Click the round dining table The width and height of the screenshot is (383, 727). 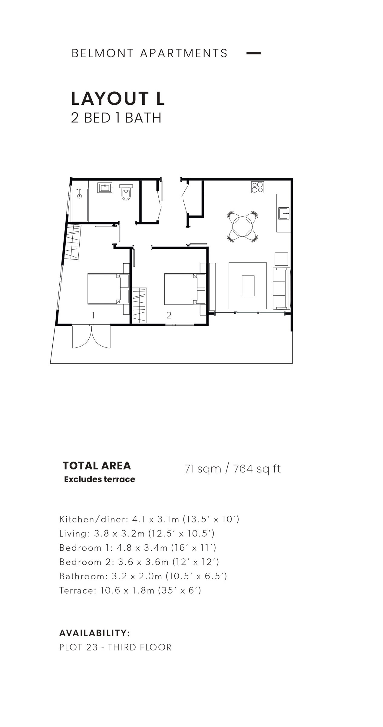(x=242, y=226)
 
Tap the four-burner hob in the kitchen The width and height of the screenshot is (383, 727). (x=257, y=187)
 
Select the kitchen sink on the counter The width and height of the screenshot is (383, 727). (x=284, y=213)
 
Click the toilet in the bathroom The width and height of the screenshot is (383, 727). (x=126, y=192)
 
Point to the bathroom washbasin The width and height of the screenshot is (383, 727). (x=105, y=188)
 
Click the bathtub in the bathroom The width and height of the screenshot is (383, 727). (x=80, y=205)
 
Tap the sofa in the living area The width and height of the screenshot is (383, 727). (x=282, y=288)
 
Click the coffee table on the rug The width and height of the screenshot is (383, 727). (x=248, y=286)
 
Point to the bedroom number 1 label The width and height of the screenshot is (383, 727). (x=93, y=315)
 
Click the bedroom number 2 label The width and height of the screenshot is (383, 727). (x=169, y=315)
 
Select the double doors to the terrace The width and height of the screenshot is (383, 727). (x=91, y=337)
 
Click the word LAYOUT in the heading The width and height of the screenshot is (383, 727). (x=110, y=99)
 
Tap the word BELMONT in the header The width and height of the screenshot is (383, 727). (x=102, y=53)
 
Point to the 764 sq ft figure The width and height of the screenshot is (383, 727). (x=257, y=469)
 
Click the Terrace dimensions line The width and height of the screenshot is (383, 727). (x=130, y=590)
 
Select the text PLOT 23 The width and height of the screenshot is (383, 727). (x=78, y=647)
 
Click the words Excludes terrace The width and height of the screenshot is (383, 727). (x=100, y=479)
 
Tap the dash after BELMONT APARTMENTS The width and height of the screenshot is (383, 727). (x=253, y=53)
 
